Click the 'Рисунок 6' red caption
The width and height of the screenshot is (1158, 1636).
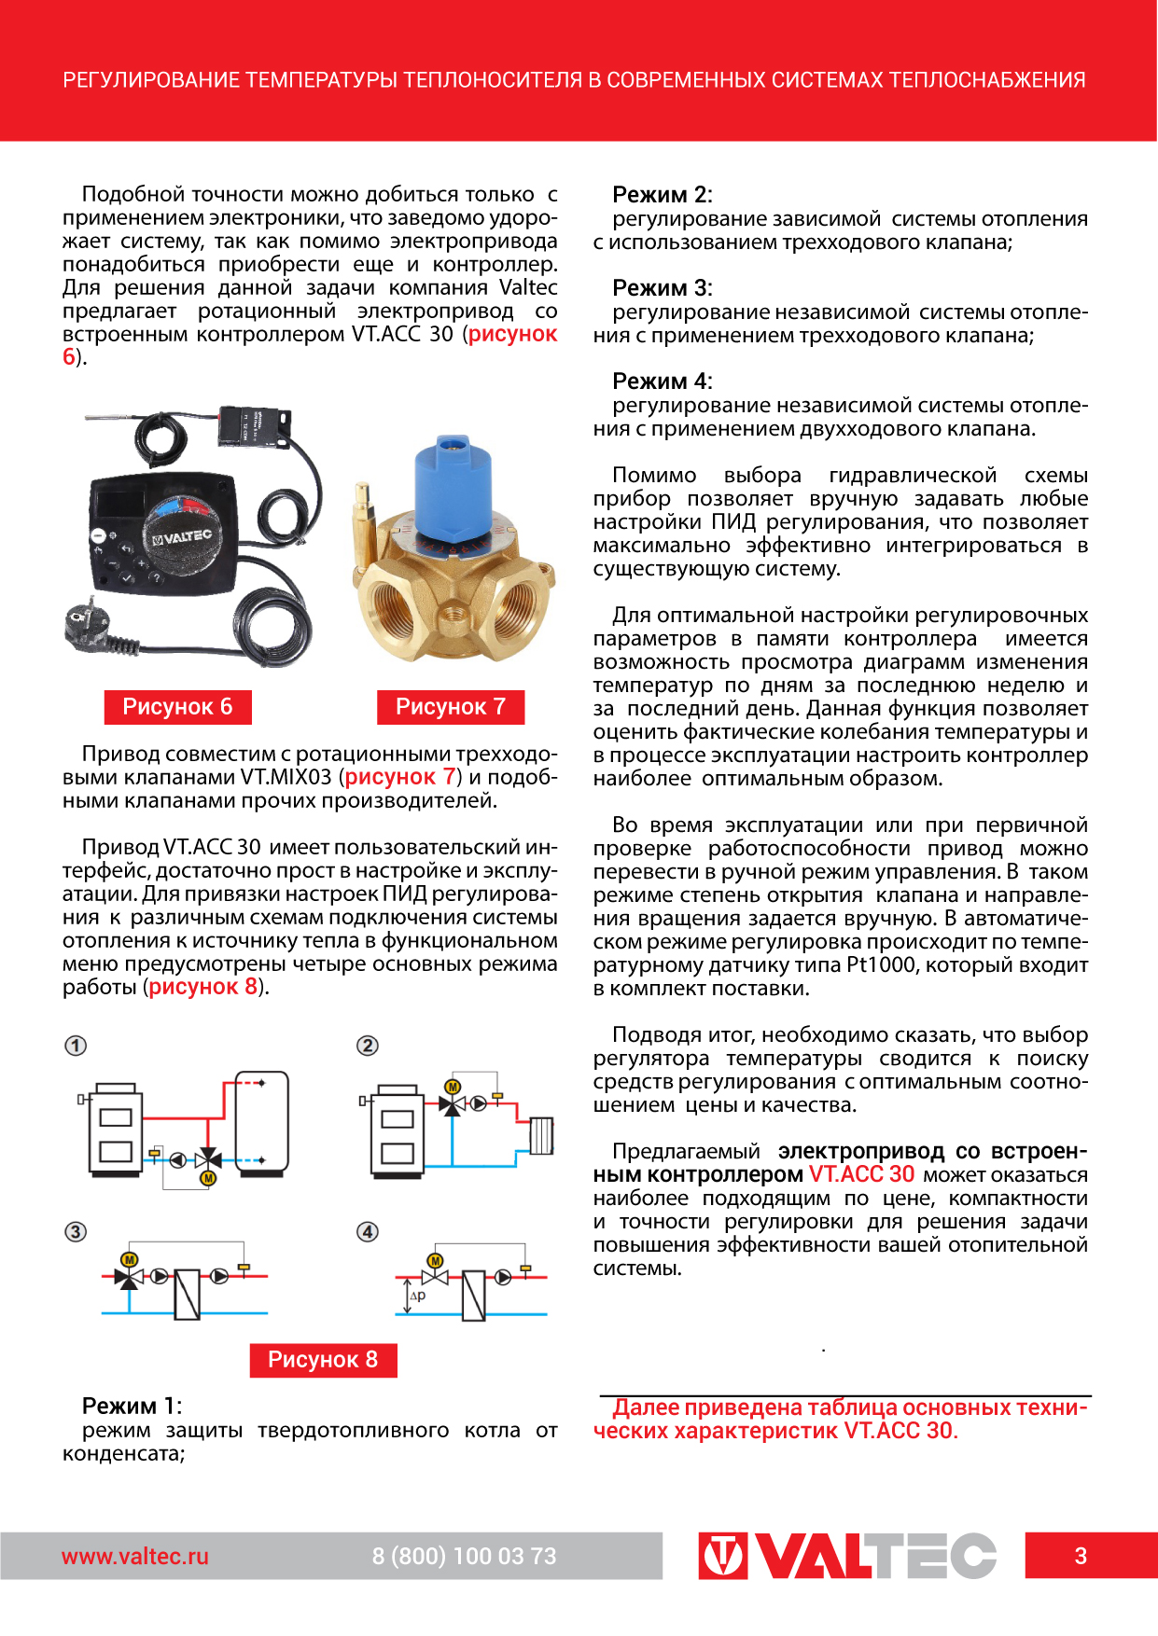coord(177,707)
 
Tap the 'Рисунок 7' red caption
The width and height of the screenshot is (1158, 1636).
coord(451,707)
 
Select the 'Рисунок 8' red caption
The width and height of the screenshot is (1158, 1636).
coord(323,1360)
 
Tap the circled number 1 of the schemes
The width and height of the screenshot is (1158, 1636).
coord(76,1046)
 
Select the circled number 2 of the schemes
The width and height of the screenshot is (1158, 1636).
coord(368,1046)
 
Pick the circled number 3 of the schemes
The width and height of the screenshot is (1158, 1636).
coord(76,1232)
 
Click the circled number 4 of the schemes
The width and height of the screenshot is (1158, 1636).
coord(368,1232)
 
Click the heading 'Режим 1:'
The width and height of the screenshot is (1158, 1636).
coord(132,1406)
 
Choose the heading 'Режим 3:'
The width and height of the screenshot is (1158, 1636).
coord(662,288)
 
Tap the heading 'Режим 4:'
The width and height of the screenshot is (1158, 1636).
coord(662,381)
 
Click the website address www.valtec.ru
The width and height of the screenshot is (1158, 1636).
coord(135,1556)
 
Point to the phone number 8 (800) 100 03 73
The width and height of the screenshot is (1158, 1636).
coord(464,1556)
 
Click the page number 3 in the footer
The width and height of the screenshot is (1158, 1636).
coord(1081,1556)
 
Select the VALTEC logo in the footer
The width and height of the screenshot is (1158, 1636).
coord(846,1556)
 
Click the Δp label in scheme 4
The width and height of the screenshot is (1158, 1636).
coord(417,1296)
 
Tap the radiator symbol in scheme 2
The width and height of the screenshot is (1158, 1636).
coord(541,1135)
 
